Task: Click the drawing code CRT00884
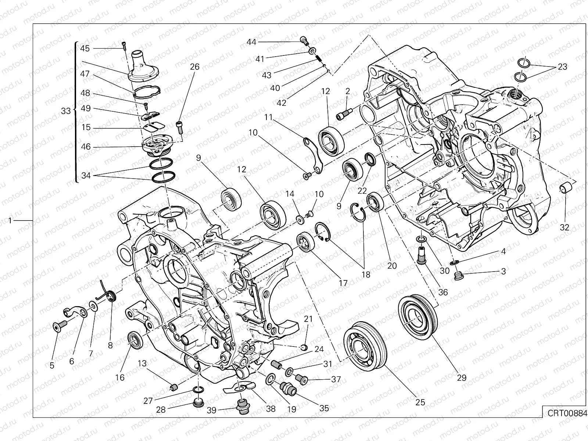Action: [565, 413]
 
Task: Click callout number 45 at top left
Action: [85, 49]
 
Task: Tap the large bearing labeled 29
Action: [418, 313]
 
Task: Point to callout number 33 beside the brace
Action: [66, 111]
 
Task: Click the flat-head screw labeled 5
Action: [59, 326]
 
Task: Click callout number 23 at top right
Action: [562, 67]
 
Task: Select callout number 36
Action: [443, 292]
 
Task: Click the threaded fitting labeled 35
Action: [286, 388]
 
